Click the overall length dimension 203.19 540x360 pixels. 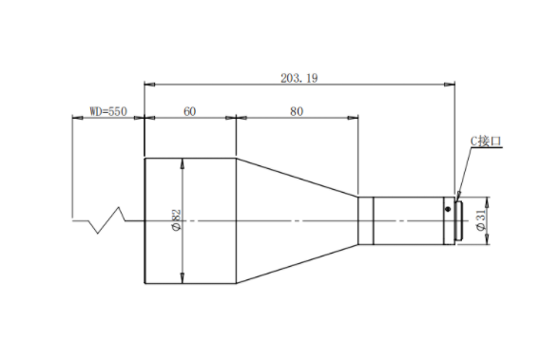pyautogui.click(x=299, y=78)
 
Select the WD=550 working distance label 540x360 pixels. pyautogui.click(x=108, y=111)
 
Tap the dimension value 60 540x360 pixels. pyautogui.click(x=190, y=111)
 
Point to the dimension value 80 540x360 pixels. pyautogui.click(x=297, y=111)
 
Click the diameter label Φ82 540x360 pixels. pyautogui.click(x=176, y=220)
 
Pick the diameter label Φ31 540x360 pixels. pyautogui.click(x=481, y=220)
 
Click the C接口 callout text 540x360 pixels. pyautogui.click(x=486, y=142)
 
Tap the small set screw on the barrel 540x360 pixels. pyautogui.click(x=448, y=209)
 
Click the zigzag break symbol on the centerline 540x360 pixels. pyautogui.click(x=107, y=220)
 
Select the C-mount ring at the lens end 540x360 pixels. pyautogui.click(x=459, y=221)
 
